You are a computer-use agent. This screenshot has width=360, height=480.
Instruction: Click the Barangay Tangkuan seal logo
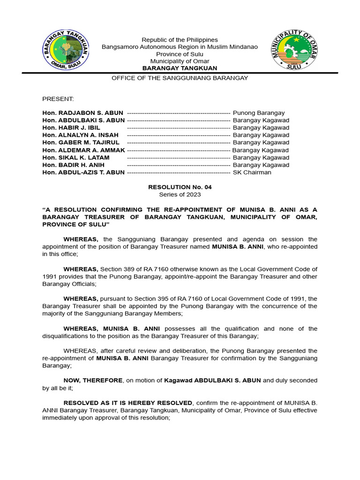(66, 50)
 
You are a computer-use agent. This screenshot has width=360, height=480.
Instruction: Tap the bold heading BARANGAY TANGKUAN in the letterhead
(180, 68)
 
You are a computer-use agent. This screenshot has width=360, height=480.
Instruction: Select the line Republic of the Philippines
(180, 40)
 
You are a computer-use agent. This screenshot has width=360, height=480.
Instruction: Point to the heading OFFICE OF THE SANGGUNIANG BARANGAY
(180, 78)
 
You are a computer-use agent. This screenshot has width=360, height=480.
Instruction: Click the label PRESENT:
(58, 99)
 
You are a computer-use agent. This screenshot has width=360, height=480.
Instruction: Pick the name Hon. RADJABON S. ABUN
(83, 113)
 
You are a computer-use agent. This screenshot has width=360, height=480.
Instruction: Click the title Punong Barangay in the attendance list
(259, 113)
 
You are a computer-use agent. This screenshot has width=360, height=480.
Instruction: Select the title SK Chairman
(252, 172)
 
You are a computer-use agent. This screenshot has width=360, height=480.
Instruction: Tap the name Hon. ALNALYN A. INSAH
(80, 135)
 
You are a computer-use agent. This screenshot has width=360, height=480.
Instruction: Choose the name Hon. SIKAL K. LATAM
(75, 157)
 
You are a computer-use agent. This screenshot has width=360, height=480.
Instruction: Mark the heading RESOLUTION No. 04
(180, 187)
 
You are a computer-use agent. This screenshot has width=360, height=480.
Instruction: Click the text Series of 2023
(180, 195)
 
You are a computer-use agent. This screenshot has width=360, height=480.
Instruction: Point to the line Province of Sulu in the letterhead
(180, 54)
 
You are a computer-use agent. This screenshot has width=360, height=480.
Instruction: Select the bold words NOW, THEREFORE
(93, 381)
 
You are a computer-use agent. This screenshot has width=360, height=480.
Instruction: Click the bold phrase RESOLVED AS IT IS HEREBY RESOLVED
(128, 403)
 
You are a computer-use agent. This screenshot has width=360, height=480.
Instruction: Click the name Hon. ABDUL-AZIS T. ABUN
(83, 172)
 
